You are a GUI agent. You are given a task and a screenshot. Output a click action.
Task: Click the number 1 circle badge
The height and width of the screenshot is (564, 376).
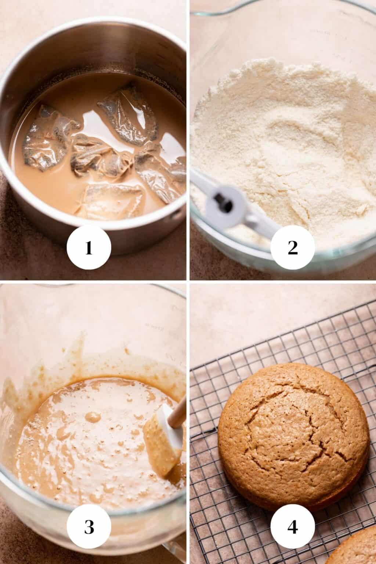(x=89, y=248)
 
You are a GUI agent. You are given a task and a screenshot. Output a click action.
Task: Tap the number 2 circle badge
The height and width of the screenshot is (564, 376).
(x=293, y=248)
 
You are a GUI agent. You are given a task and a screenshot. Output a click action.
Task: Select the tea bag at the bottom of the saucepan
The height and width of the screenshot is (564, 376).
(x=111, y=202)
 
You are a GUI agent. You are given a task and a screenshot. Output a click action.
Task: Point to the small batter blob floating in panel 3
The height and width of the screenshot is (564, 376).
(x=93, y=417)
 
